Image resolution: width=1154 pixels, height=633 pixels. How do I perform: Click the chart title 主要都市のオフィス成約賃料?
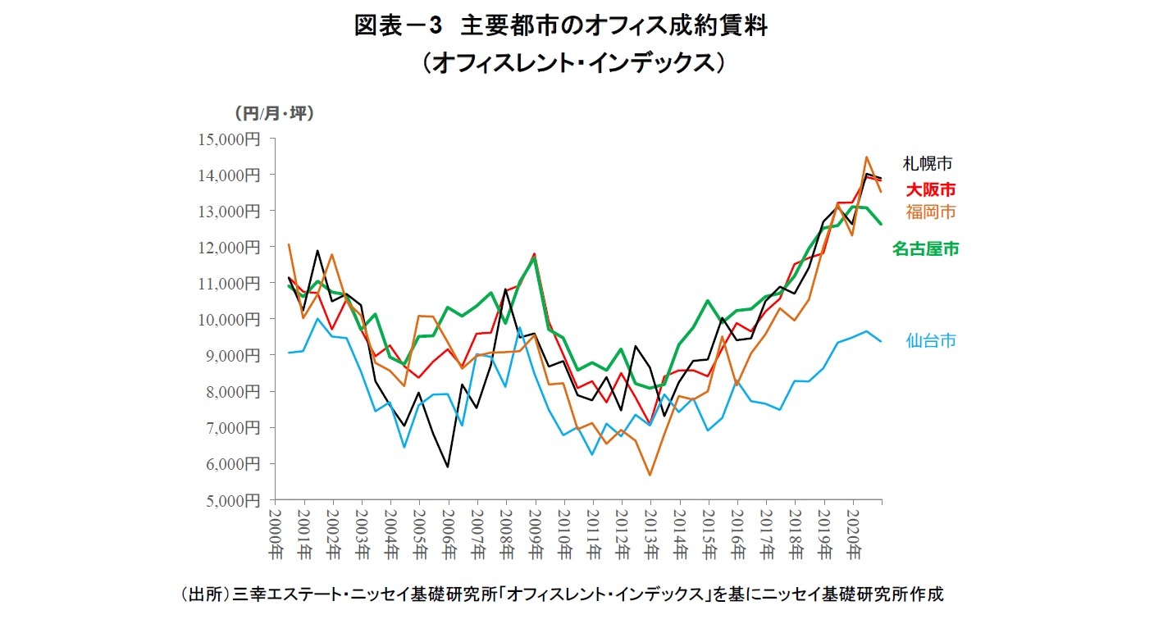[560, 26]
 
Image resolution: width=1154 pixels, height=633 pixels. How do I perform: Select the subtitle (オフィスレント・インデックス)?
[572, 63]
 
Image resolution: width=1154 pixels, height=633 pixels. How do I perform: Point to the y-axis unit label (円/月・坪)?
[273, 113]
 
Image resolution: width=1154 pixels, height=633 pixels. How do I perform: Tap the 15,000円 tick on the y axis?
[229, 139]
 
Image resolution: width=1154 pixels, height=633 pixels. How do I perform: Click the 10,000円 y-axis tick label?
[229, 319]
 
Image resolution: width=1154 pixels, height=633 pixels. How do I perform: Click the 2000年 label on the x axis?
[275, 534]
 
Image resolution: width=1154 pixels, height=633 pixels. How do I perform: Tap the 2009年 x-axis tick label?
[535, 534]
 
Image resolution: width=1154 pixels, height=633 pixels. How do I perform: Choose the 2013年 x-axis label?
[650, 534]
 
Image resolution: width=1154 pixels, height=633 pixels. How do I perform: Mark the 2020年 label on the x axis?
[852, 534]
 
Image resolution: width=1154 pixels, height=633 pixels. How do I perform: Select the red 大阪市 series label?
[930, 189]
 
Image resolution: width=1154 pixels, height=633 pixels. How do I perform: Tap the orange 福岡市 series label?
[930, 212]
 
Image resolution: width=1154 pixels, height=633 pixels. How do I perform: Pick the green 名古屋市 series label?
[925, 249]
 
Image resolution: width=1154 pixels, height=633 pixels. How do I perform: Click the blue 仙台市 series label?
[931, 340]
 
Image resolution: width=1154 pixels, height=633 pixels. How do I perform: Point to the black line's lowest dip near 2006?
[448, 467]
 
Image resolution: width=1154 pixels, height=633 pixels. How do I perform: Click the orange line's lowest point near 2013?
[650, 475]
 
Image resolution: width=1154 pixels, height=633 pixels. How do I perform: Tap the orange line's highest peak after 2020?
[866, 157]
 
